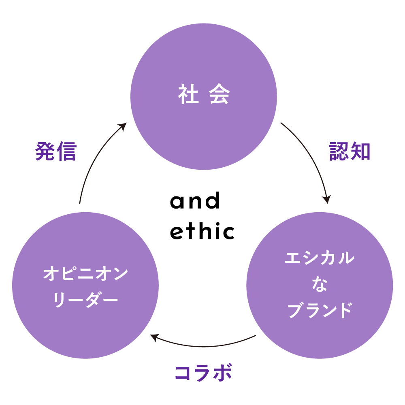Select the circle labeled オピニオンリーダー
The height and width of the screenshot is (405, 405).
[x=85, y=316]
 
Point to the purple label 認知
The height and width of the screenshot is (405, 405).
[x=350, y=151]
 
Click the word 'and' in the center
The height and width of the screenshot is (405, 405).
[x=195, y=201]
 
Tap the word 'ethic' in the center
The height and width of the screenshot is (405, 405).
[x=202, y=231]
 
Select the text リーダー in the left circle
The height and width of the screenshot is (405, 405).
[x=85, y=300]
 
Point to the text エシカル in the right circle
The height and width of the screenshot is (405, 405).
[x=320, y=258]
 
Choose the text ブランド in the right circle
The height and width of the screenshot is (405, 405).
[x=320, y=310]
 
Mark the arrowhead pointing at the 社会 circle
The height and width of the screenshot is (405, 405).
[x=124, y=127]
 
